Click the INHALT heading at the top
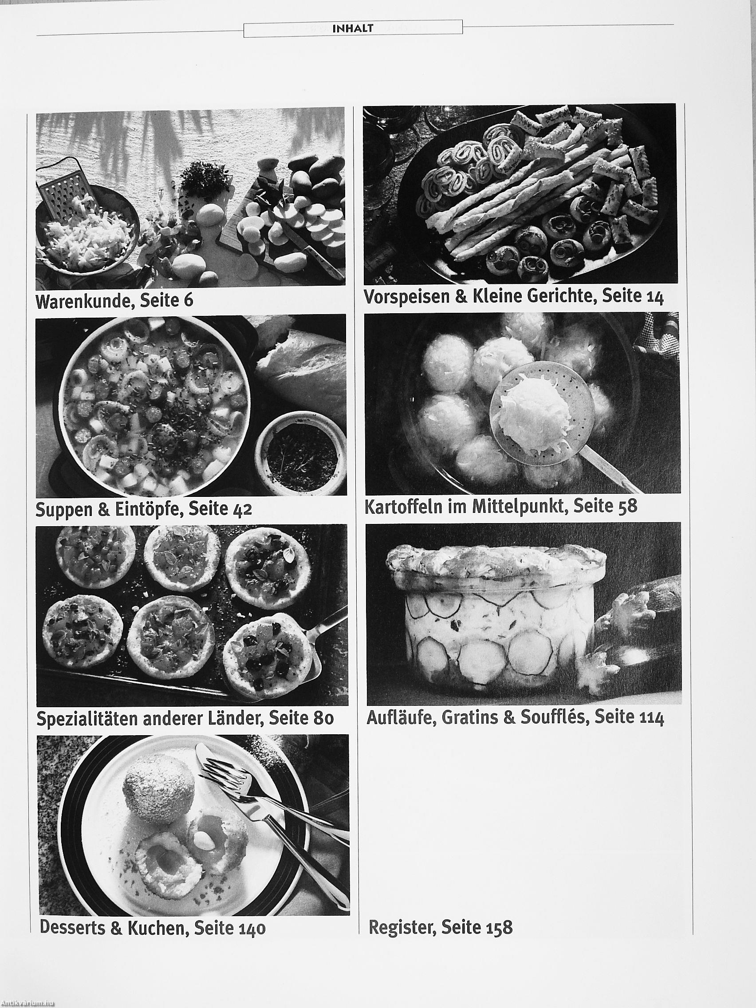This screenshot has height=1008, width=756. (353, 29)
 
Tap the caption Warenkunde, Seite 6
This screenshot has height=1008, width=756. (114, 300)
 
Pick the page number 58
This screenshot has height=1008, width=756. (627, 506)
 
